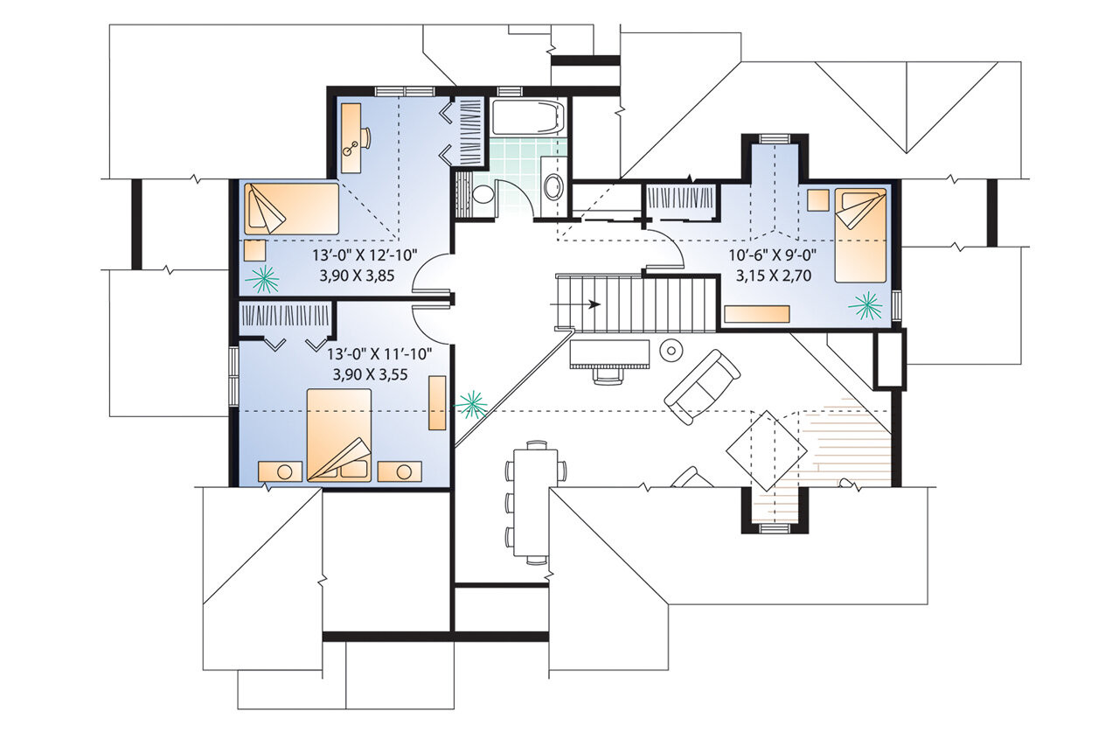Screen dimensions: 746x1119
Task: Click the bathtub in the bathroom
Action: point(527,117)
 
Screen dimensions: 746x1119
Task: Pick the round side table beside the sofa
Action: point(671,350)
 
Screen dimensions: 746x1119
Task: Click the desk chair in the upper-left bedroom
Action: point(365,138)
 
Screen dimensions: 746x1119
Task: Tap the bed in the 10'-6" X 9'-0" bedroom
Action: point(860,234)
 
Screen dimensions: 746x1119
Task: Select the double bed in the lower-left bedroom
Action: point(339,435)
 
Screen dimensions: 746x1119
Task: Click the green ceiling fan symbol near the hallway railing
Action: point(472,403)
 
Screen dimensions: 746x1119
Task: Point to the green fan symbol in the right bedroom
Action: point(866,304)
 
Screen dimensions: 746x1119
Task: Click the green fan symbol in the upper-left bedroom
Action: point(262,279)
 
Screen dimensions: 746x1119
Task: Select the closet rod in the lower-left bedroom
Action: point(285,315)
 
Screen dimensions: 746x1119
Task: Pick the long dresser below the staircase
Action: point(609,353)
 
